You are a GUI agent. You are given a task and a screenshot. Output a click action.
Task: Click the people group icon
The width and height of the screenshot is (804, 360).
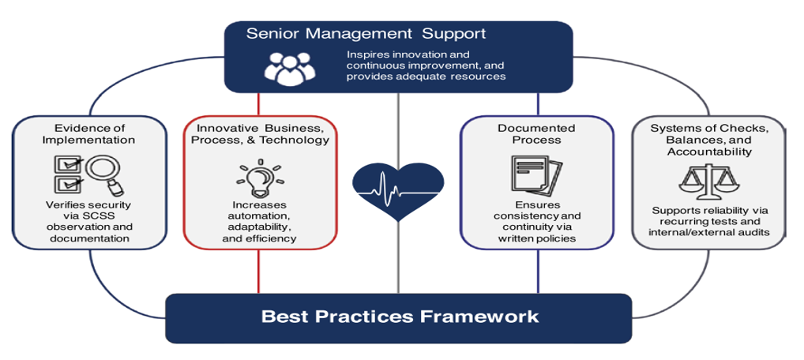[290, 69]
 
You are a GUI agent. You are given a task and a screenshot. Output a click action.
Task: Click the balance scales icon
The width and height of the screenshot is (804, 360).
[708, 182]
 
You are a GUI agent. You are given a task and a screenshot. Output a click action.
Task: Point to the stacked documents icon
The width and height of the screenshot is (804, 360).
[536, 176]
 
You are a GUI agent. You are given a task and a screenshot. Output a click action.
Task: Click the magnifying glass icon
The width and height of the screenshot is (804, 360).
[105, 175]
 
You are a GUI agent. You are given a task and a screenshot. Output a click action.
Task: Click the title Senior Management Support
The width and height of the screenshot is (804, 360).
[366, 35]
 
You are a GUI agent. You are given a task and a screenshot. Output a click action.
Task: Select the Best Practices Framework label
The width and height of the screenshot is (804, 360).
[400, 316]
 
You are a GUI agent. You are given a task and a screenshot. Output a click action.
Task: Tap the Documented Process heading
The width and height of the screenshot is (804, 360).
[536, 134]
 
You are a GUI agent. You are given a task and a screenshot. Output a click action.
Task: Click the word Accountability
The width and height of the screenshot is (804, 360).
[709, 152]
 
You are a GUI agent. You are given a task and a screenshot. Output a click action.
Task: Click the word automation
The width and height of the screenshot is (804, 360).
[260, 216]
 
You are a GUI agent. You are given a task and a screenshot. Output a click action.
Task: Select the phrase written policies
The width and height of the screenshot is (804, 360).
[537, 238]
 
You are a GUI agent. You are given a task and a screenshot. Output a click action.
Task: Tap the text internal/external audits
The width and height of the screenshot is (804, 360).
[709, 232]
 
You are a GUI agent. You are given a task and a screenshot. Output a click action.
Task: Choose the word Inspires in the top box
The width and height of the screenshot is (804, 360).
[365, 54]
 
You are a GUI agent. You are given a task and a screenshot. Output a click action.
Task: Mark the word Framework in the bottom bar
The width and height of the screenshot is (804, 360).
[479, 316]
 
